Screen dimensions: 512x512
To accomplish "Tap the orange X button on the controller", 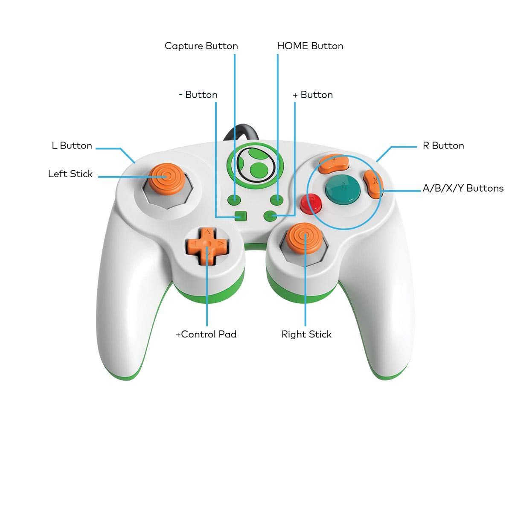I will [373, 184].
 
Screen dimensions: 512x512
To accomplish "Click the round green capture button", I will [234, 199].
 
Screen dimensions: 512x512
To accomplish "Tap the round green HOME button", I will [277, 199].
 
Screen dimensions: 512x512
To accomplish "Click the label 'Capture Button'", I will [201, 46].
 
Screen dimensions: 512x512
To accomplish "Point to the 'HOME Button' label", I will [310, 46].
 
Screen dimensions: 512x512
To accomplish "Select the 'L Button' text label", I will [72, 146].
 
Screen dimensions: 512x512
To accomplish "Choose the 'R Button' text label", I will [443, 146].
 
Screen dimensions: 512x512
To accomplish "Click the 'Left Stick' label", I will [70, 174].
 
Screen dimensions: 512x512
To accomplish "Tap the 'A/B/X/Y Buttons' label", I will [463, 189].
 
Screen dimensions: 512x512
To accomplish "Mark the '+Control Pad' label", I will [206, 335].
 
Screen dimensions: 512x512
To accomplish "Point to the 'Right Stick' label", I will [306, 335].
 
